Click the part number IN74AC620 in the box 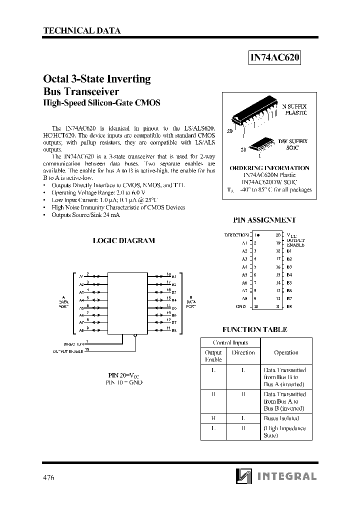275,57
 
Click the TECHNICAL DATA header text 82,30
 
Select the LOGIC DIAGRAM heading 124,240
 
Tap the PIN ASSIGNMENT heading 264,219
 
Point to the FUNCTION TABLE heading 254,329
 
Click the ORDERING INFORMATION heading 269,168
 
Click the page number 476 48,477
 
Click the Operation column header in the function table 286,352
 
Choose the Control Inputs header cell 230,342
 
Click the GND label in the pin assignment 240,306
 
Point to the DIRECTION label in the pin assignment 236,234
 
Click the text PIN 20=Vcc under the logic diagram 124,374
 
